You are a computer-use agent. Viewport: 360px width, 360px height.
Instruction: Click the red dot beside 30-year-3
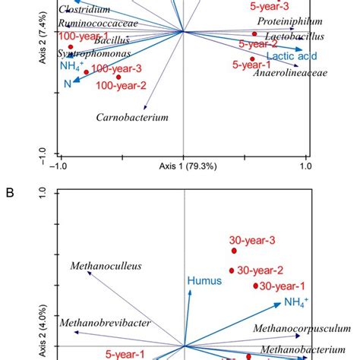tap(234, 251)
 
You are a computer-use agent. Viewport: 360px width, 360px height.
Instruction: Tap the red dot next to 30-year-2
tap(232, 270)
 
